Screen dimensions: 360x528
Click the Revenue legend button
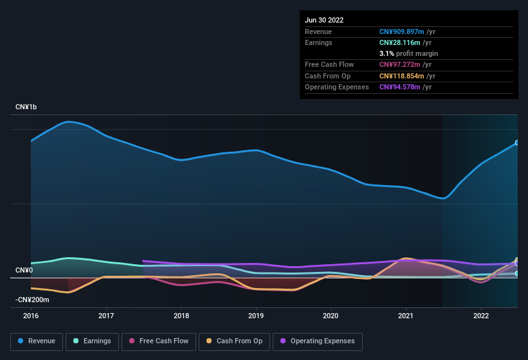[37, 341]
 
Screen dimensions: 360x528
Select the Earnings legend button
[93, 341]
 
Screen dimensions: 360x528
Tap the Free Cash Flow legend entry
[158, 341]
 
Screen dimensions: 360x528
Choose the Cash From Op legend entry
[235, 341]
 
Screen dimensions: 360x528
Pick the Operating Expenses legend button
[318, 341]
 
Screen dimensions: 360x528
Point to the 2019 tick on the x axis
[256, 316]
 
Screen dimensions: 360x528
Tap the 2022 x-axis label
[481, 316]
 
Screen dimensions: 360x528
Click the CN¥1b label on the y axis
[26, 107]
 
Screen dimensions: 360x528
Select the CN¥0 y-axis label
[24, 270]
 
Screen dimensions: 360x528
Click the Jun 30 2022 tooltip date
[324, 20]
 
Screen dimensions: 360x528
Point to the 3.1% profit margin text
[408, 53]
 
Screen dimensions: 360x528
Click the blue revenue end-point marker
[517, 143]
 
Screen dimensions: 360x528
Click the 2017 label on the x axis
[106, 316]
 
